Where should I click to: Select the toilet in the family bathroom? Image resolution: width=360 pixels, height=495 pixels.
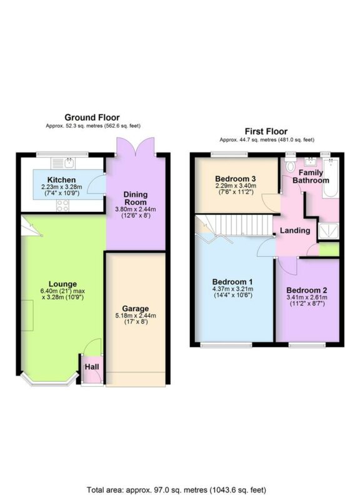coord(289,166)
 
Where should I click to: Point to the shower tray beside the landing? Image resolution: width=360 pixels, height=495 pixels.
coord(329,231)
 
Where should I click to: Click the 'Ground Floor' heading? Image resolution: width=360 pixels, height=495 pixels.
coord(92,117)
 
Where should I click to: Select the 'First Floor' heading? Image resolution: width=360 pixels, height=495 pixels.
coord(266,132)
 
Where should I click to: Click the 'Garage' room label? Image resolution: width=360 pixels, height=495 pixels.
coord(136,308)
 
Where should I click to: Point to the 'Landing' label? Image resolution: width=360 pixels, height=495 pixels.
coord(295,231)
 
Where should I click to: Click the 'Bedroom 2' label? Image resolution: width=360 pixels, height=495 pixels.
coord(306,290)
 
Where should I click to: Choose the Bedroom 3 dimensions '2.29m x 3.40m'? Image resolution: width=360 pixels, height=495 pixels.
coord(235,186)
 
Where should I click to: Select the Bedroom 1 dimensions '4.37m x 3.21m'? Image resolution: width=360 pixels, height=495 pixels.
coord(232,289)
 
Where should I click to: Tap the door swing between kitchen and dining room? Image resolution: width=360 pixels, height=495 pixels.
coord(96,184)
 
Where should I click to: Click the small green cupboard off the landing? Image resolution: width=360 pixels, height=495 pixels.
coord(329,249)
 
